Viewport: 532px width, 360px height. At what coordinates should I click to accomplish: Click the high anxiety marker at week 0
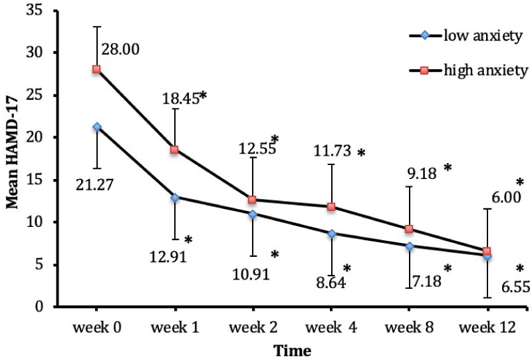96,69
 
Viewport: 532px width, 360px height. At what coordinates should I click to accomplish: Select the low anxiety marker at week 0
96,126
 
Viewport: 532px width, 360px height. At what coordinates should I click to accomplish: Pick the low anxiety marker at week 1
175,197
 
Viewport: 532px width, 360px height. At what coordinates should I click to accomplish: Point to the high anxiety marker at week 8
410,229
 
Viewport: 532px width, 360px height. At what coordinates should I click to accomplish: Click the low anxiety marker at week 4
331,234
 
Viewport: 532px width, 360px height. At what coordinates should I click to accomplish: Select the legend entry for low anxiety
469,37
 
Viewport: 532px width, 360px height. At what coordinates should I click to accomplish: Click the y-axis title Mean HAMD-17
13,158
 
